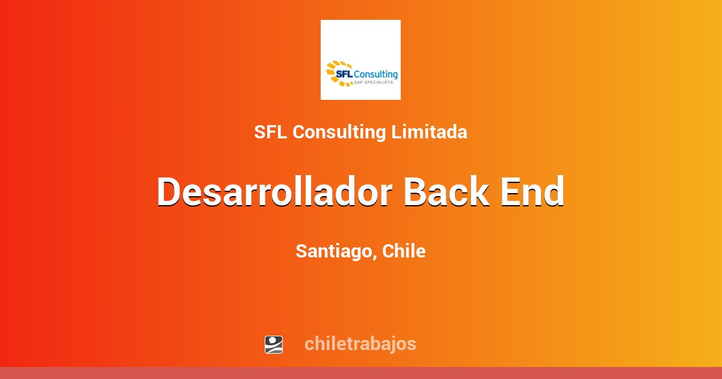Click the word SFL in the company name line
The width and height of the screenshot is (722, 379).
pyautogui.click(x=271, y=132)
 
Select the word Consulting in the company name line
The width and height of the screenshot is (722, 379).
pyautogui.click(x=339, y=132)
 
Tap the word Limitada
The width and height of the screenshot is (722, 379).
pyautogui.click(x=429, y=132)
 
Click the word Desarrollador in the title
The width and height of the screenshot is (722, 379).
pyautogui.click(x=274, y=192)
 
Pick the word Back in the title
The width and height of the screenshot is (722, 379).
pyautogui.click(x=446, y=192)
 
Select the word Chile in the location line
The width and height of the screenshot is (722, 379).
pyautogui.click(x=404, y=251)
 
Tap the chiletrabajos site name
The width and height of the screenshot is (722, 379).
pyautogui.click(x=360, y=344)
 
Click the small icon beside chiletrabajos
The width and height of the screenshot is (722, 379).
pyautogui.click(x=274, y=344)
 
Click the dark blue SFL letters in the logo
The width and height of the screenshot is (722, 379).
pyautogui.click(x=344, y=74)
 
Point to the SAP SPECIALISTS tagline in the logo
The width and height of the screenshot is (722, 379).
pyautogui.click(x=378, y=82)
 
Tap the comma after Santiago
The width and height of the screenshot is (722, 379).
pyautogui.click(x=377, y=257)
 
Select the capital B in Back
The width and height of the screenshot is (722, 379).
pyautogui.click(x=416, y=192)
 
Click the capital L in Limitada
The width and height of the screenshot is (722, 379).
pyautogui.click(x=396, y=132)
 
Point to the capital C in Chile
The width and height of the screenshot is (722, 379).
pyautogui.click(x=388, y=251)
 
